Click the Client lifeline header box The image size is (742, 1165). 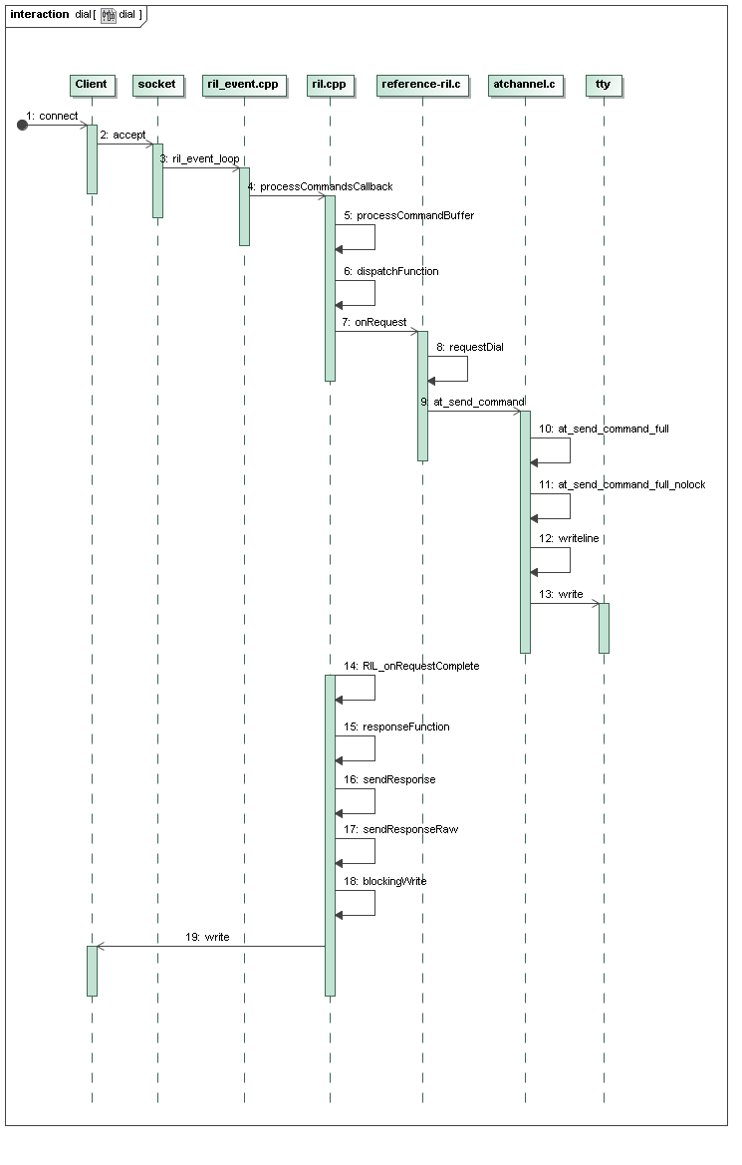[92, 85]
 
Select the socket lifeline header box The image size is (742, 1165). [156, 85]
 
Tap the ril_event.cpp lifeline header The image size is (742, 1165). [243, 85]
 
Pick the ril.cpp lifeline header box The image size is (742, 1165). [329, 85]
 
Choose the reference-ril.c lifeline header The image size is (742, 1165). [422, 85]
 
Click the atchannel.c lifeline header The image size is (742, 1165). [524, 85]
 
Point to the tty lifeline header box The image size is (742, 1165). [604, 85]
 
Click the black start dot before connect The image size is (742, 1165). [22, 125]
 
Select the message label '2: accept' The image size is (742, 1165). [124, 135]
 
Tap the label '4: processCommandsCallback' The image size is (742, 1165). [320, 186]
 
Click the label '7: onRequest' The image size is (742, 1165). [374, 322]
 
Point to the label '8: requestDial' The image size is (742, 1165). [470, 347]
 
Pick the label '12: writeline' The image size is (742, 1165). [569, 538]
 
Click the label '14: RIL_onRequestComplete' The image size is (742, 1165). [411, 666]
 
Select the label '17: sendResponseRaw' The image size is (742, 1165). [401, 829]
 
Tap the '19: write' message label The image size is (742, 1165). [207, 937]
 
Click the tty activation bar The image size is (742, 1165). [604, 628]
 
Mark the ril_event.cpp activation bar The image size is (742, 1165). [244, 206]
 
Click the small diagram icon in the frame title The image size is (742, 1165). [109, 15]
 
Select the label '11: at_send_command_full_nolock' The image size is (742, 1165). [622, 484]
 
